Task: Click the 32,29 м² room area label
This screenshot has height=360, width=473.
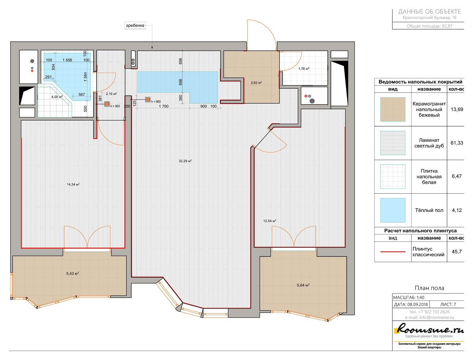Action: tap(185, 161)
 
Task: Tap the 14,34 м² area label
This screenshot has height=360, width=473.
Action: tap(73, 184)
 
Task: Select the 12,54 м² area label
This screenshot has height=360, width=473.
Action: tap(270, 221)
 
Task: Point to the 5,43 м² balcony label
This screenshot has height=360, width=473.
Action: tap(73, 273)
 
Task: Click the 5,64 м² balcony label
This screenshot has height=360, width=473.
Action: tap(303, 285)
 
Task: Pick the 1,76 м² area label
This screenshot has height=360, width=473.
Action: tap(304, 69)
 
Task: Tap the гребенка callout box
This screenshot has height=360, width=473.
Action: tap(135, 25)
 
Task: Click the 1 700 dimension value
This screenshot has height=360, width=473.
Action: tap(163, 106)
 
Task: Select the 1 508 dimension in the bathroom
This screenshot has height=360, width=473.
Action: tap(67, 60)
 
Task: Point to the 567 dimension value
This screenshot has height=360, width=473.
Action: tap(82, 95)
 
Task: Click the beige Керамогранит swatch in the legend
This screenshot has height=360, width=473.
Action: tap(393, 109)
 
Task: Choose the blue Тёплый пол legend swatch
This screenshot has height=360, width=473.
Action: tap(393, 210)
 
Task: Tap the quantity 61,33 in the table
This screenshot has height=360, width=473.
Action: tap(457, 143)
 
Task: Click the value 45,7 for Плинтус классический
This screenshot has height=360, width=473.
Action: tap(457, 252)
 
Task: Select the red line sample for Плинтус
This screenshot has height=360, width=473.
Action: tap(393, 252)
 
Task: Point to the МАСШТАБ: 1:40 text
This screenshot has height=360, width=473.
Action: tap(409, 298)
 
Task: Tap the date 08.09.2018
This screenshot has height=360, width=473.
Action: tap(417, 304)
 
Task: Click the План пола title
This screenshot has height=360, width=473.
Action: tap(430, 288)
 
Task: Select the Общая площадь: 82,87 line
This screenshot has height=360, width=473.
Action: tap(429, 26)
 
